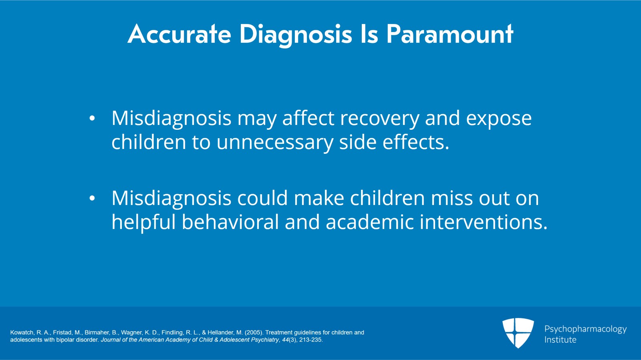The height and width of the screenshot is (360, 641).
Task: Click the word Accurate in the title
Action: click(x=179, y=34)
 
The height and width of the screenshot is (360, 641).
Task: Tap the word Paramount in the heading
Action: click(x=450, y=34)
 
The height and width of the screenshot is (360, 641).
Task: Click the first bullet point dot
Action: click(x=92, y=119)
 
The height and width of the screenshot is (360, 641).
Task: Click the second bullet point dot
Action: click(x=92, y=199)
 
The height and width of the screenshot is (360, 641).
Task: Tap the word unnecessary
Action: click(x=274, y=143)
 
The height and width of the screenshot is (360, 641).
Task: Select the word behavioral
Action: click(x=230, y=222)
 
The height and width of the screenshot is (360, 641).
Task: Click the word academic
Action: click(x=369, y=222)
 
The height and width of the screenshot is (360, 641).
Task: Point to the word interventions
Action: click(x=483, y=222)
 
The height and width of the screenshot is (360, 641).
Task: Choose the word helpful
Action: click(x=143, y=223)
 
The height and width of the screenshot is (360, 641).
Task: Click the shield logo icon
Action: click(x=518, y=332)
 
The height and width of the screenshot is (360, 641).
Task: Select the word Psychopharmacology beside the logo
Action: click(x=585, y=329)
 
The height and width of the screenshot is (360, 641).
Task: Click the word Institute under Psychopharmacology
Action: click(x=560, y=340)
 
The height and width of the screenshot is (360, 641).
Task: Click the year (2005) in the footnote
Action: click(x=253, y=332)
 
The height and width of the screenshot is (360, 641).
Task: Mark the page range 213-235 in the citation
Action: click(x=310, y=340)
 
